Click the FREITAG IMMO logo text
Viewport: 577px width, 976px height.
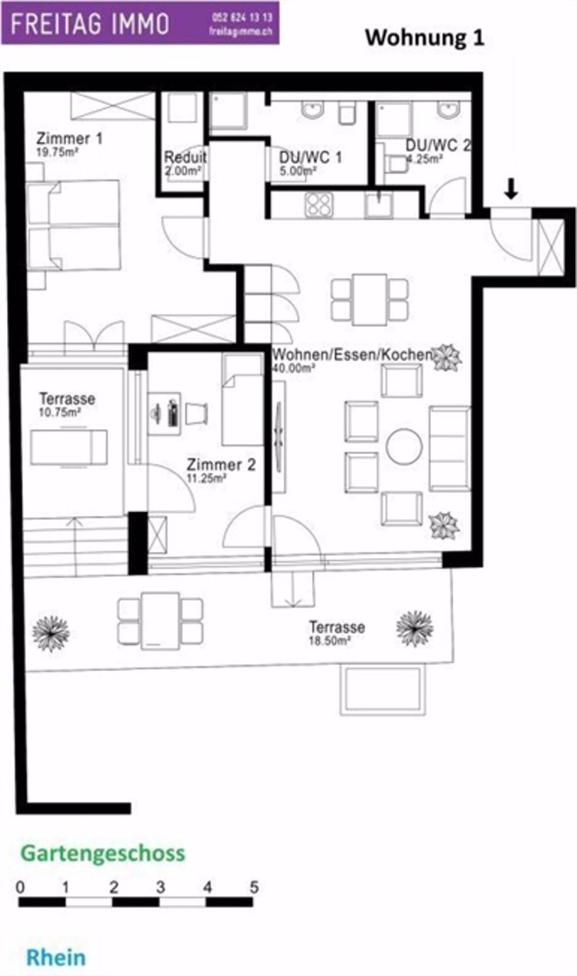[90, 24]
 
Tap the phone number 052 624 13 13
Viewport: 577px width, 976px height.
[242, 18]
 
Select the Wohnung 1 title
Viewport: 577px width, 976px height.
[424, 37]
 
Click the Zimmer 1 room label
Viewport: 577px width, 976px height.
[69, 138]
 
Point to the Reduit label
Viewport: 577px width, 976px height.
[185, 157]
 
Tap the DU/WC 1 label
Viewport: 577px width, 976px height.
[310, 157]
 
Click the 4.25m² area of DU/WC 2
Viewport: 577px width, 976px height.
[425, 159]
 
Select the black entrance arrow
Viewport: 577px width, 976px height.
[511, 189]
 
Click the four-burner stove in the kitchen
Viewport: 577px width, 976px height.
[319, 205]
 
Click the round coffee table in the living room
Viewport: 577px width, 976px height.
[404, 447]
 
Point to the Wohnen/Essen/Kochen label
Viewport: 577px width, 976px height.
[352, 354]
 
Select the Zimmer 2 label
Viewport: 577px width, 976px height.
[221, 465]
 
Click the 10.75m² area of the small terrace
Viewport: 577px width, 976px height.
[60, 412]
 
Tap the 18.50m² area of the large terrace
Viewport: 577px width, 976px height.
[330, 641]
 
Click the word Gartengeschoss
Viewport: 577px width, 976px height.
[103, 853]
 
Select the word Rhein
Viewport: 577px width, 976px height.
[56, 957]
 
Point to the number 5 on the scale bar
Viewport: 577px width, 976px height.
[254, 887]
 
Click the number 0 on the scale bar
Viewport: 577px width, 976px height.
[20, 887]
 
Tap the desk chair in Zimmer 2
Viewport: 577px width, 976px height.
[196, 414]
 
